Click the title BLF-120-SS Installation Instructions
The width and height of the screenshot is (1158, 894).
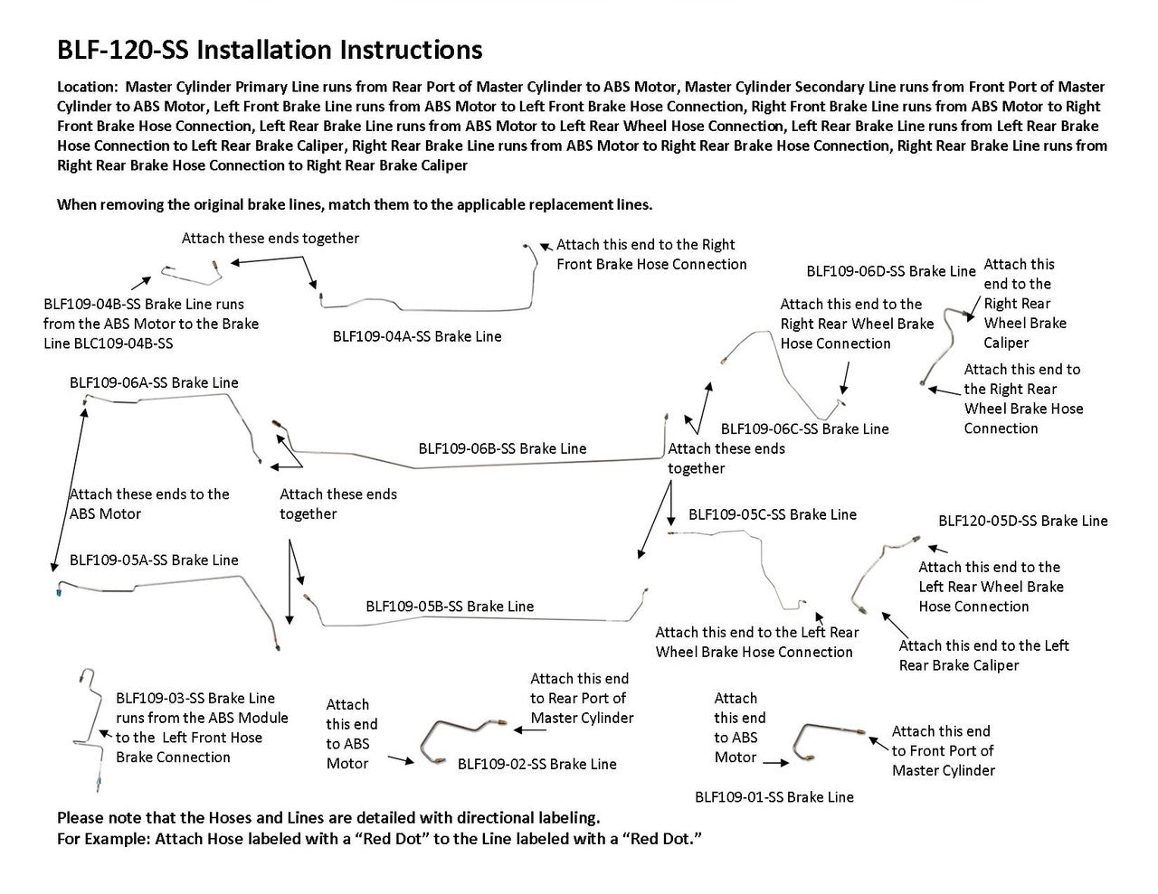[x=270, y=50]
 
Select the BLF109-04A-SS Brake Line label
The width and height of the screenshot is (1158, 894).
[x=416, y=336]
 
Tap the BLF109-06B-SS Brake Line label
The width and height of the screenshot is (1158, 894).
[x=502, y=448]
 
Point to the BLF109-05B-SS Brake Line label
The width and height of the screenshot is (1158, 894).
[x=450, y=607]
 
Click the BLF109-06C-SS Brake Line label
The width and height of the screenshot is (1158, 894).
[x=804, y=428]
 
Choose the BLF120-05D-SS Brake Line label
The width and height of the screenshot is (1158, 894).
[x=1022, y=521]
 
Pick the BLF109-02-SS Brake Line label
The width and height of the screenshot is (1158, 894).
[x=536, y=764]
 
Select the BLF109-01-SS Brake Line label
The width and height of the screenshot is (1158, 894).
[x=774, y=796]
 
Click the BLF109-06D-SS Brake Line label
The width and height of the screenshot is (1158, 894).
[x=890, y=271]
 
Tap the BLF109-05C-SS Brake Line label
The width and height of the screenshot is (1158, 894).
[x=772, y=514]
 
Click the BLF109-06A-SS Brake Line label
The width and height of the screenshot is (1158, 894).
[x=154, y=382]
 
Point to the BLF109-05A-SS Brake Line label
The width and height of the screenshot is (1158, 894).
[x=154, y=560]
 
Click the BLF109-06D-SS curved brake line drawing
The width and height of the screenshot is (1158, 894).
[x=941, y=344]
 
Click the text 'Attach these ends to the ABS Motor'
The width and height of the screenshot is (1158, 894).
[x=149, y=503]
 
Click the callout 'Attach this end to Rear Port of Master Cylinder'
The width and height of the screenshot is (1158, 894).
[x=581, y=698]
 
